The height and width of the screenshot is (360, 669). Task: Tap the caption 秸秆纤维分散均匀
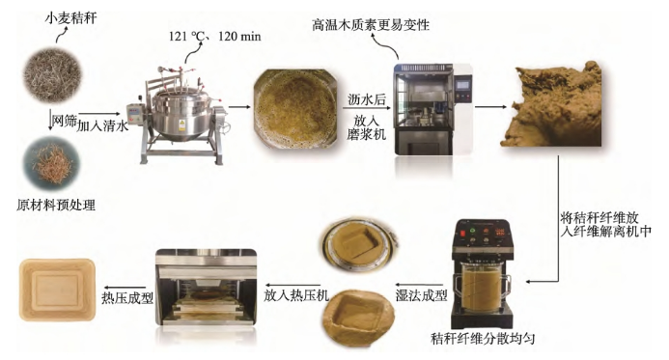click(x=484, y=339)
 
